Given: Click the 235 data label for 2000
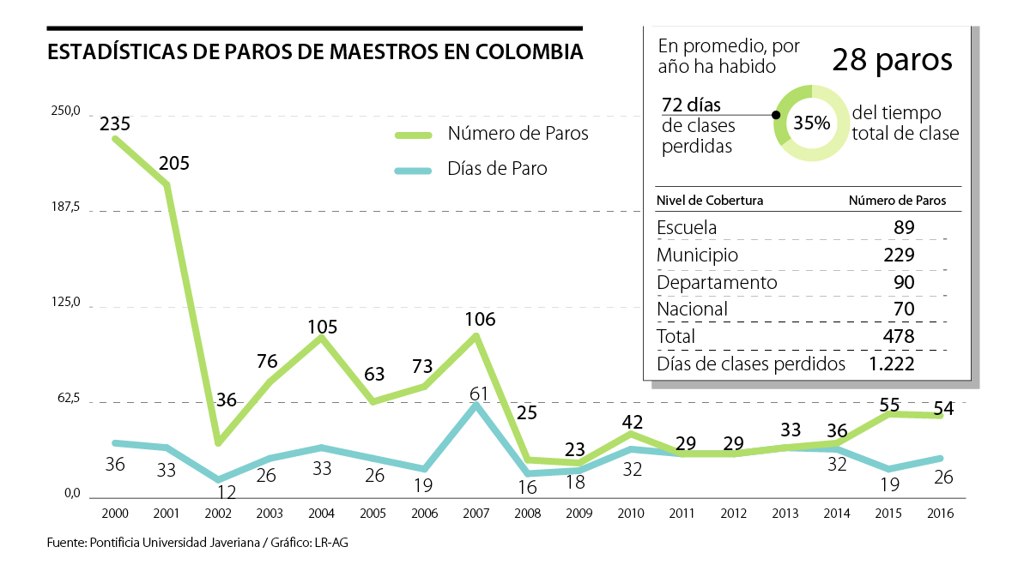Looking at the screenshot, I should [115, 123].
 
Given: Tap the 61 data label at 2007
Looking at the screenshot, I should [479, 394].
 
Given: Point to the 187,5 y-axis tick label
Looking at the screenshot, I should [64, 207].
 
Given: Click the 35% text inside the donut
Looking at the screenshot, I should [811, 123].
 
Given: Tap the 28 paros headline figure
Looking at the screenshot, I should [892, 61].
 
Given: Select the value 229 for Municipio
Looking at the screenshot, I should [899, 255].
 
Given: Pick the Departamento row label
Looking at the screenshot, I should [717, 282].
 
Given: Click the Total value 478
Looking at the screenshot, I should [899, 336].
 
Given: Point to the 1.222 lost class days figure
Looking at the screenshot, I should [890, 364].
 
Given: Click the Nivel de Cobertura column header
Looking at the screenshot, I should [709, 201].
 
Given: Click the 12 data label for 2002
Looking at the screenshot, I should [227, 492].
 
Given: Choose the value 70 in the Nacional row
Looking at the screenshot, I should [902, 309].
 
